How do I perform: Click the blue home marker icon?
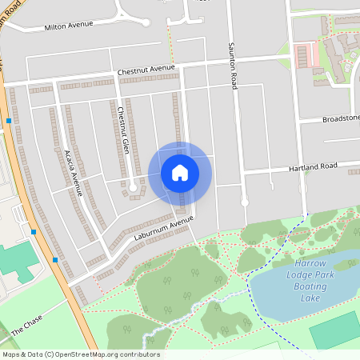[x=179, y=173]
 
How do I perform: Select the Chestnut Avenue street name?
[x=146, y=70]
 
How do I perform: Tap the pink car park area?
[x=303, y=56]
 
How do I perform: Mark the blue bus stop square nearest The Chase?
[x=55, y=259]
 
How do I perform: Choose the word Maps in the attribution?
[x=11, y=354]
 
